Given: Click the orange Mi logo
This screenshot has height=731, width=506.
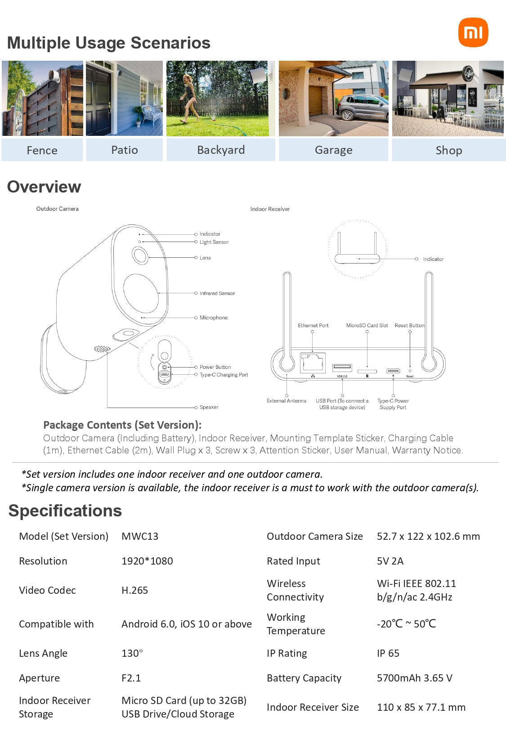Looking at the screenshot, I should click(473, 32).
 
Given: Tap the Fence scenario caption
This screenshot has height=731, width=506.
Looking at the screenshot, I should click(42, 150).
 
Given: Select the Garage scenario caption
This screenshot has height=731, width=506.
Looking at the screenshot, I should click(333, 150).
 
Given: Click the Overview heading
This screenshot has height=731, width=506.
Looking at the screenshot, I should click(44, 187).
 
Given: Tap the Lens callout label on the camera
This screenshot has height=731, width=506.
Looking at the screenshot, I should click(205, 258).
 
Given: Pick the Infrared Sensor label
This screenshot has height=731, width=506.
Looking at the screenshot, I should click(217, 293).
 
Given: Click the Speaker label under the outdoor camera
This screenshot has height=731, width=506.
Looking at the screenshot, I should click(209, 407).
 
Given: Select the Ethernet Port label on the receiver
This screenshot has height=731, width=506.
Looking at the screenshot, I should click(313, 325).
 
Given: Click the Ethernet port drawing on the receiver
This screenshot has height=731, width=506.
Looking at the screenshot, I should click(313, 362).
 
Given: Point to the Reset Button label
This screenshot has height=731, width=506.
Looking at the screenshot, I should click(409, 325).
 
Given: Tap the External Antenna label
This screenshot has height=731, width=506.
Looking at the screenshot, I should click(286, 401).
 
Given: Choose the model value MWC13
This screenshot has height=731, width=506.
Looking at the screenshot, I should click(140, 536).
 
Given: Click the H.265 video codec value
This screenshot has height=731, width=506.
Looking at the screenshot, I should click(134, 590).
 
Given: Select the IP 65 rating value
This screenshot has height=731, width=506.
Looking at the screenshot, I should click(388, 653).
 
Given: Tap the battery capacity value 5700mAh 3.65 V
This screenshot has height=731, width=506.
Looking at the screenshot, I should click(414, 678).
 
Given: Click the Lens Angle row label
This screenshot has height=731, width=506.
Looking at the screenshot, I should click(43, 653).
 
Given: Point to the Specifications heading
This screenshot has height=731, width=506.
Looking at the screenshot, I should click(65, 511).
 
